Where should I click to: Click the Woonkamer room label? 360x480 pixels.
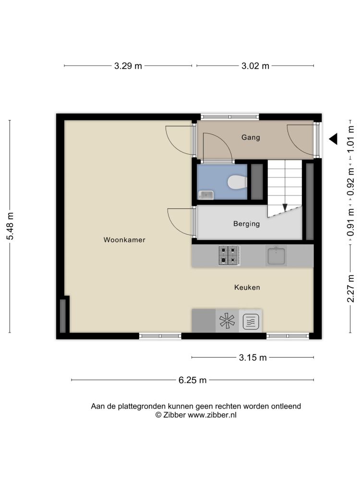tap(124, 240)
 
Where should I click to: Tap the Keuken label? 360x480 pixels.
tap(247, 287)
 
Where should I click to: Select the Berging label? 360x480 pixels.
tap(246, 224)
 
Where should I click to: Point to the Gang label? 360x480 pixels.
tap(251, 137)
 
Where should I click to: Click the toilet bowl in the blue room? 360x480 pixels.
tap(237, 182)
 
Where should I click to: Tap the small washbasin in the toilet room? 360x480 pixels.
tap(206, 195)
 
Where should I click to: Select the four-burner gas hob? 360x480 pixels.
tap(229, 255)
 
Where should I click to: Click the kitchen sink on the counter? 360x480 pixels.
tap(276, 256)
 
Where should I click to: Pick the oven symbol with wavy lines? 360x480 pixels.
tap(251, 322)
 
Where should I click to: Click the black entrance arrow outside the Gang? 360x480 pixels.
tap(334, 139)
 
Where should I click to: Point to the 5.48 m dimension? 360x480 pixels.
tap(10, 226)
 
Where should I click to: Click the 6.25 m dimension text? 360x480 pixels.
tap(192, 380)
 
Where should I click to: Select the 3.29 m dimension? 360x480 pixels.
tap(128, 66)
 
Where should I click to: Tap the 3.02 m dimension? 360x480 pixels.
tap(255, 66)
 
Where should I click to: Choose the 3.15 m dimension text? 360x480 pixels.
tap(253, 357)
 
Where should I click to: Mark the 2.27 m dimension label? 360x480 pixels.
tap(350, 288)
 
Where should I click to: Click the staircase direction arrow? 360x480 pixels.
tap(285, 207)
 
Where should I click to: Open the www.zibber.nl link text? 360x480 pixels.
tap(212, 415)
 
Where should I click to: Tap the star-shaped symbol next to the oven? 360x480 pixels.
tap(227, 321)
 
